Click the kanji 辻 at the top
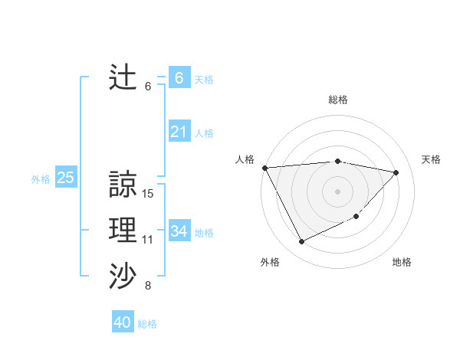[x=123, y=77]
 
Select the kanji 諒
[x=123, y=184]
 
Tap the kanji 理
[x=123, y=230]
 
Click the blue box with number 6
[x=179, y=78]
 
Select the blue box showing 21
[x=179, y=133]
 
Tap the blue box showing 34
[x=179, y=231]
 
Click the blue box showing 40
[x=123, y=322]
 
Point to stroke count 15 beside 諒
[x=148, y=194]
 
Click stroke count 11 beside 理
[x=148, y=240]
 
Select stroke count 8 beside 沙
[x=148, y=286]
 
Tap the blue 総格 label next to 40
[x=147, y=324]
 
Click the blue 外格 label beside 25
[x=41, y=179]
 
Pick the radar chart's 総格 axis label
[x=338, y=100]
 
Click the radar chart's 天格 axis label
[x=431, y=159]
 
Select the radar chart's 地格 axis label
[x=402, y=262]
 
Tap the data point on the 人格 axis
[x=264, y=167]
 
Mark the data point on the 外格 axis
[x=301, y=242]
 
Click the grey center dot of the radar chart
[x=337, y=191]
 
